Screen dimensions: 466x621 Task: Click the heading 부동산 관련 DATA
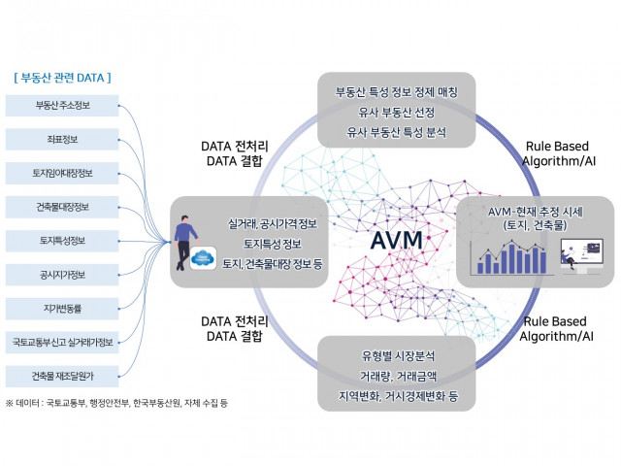coord(62,77)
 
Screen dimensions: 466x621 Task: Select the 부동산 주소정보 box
coord(61,105)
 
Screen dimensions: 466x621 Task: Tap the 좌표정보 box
coord(61,139)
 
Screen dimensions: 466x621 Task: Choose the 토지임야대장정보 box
coord(61,173)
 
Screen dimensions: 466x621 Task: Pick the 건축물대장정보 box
coord(61,207)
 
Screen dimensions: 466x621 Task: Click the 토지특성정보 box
coord(61,241)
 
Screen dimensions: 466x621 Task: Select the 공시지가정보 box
coord(61,275)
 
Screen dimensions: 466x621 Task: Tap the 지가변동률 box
coord(61,309)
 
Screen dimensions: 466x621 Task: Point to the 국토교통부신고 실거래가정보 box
coord(61,342)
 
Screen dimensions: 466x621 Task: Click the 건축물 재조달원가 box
coord(61,376)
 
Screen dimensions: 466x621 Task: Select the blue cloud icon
coord(204,258)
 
